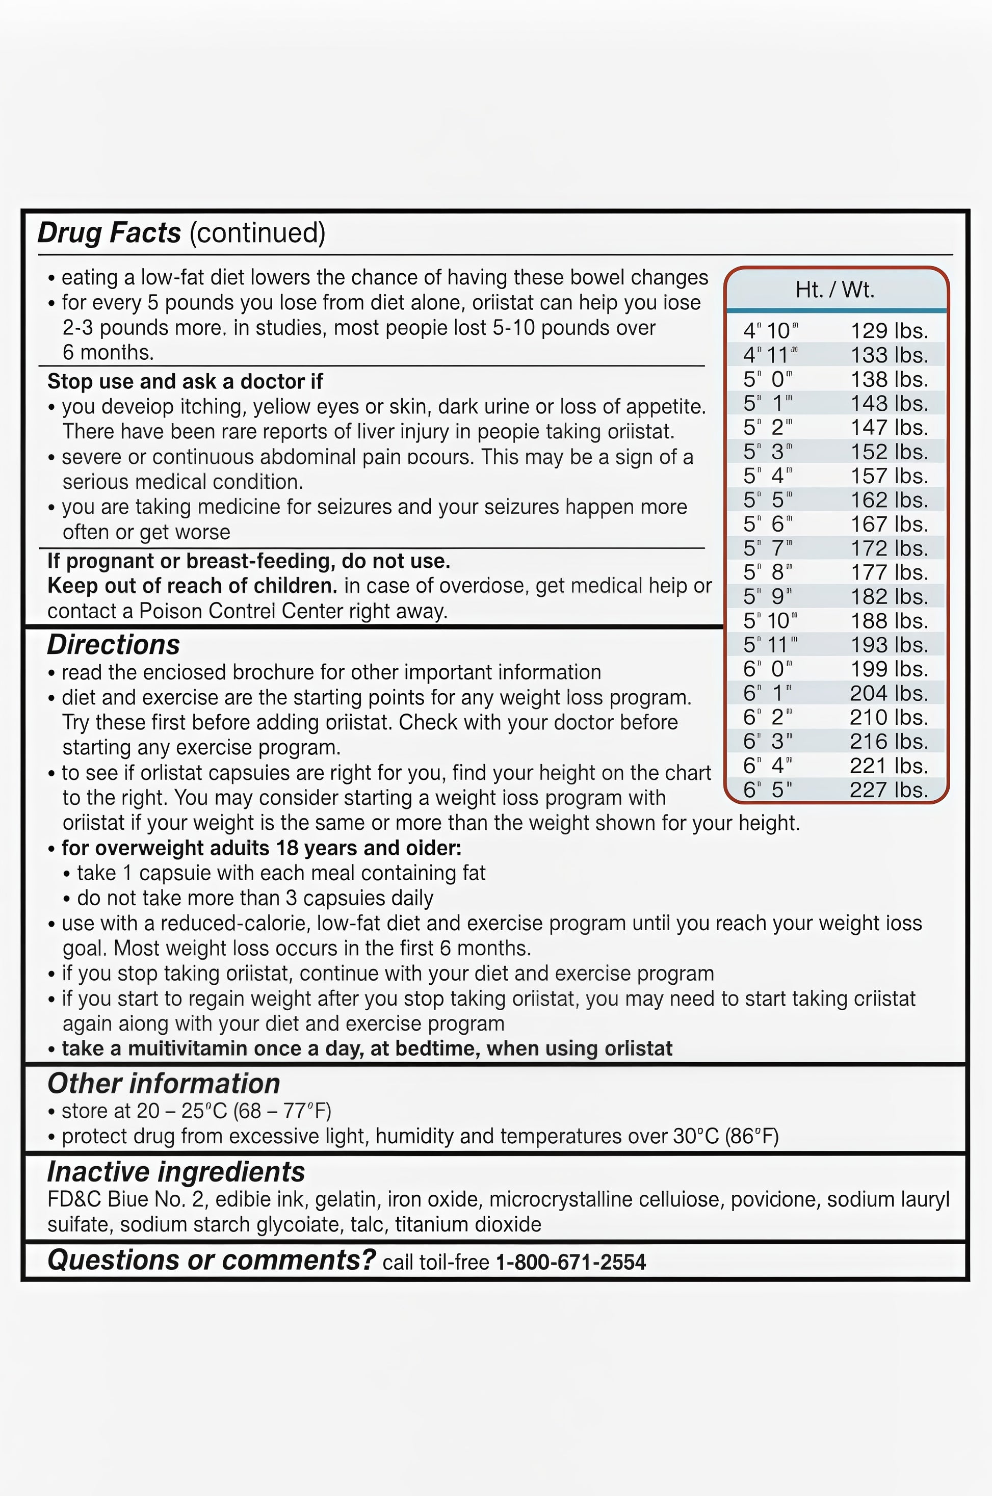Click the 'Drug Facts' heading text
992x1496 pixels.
[x=109, y=233]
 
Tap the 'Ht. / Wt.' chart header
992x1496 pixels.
[x=834, y=290]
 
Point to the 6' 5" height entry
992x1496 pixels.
[x=767, y=790]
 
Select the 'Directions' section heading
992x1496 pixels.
[x=113, y=645]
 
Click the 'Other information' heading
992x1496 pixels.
[x=163, y=1084]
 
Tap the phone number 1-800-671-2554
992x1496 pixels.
[x=570, y=1263]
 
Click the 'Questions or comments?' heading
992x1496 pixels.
[x=212, y=1260]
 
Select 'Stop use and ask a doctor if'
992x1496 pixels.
[x=185, y=381]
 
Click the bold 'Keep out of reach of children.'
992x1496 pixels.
[x=192, y=586]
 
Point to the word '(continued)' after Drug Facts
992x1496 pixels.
[x=257, y=233]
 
